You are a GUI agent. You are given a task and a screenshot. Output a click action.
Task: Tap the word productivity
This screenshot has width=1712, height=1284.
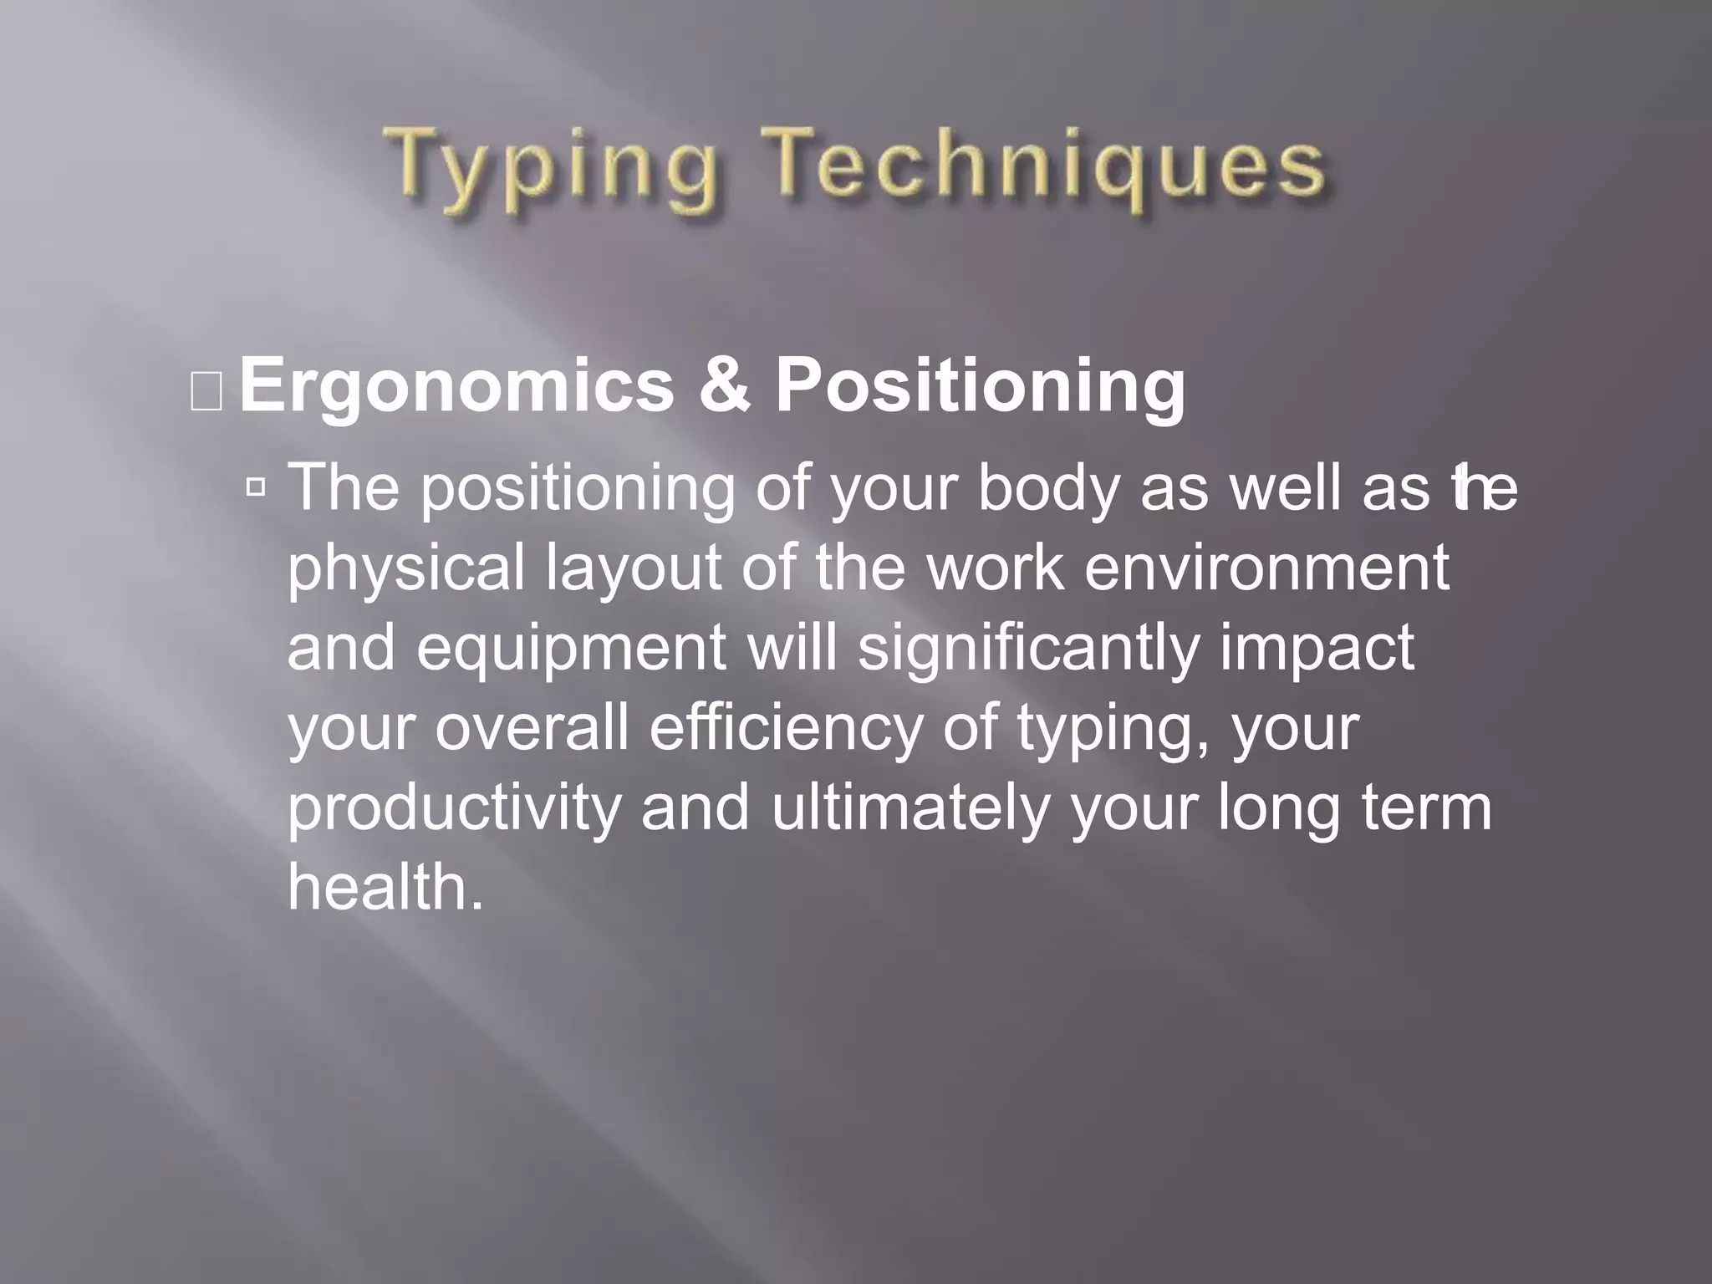pyautogui.click(x=454, y=809)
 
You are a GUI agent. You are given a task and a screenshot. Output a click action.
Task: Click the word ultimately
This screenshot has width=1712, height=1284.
pyautogui.click(x=909, y=809)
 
